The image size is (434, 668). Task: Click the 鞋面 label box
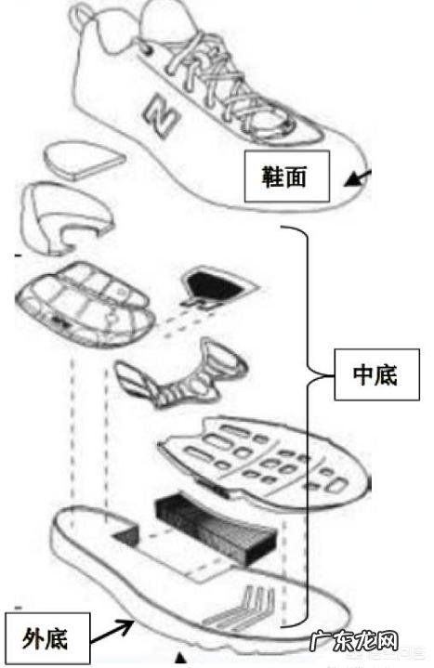(x=286, y=174)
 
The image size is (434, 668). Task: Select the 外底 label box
(x=46, y=639)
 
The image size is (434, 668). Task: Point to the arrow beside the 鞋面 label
(x=357, y=177)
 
